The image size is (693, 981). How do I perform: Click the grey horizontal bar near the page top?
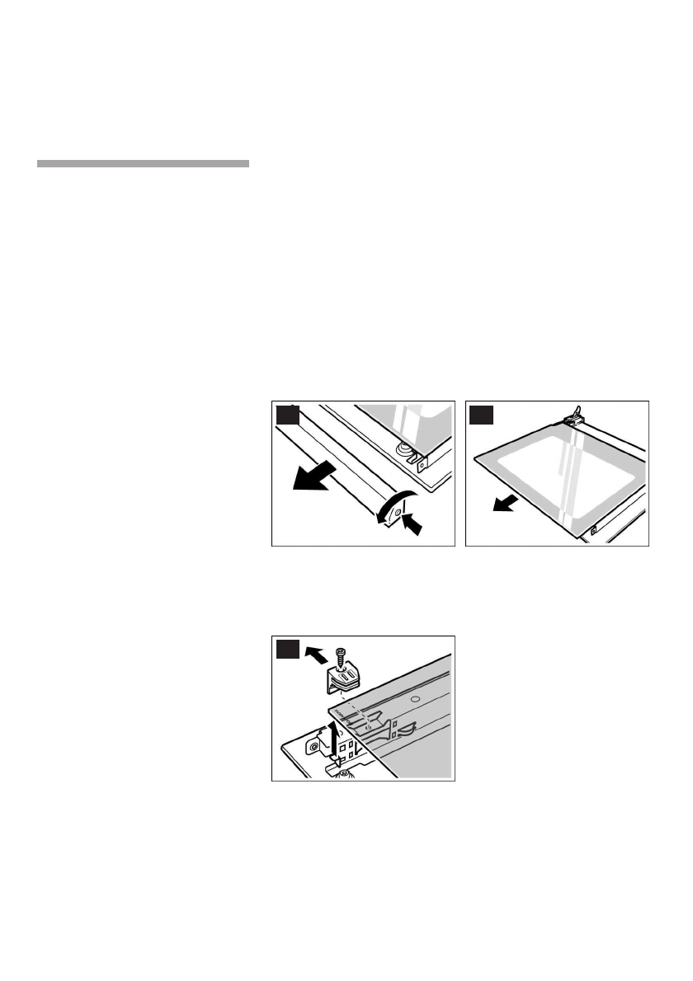click(x=143, y=164)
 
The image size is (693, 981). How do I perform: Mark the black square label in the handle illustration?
click(x=286, y=415)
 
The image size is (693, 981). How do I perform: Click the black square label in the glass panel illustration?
click(x=479, y=415)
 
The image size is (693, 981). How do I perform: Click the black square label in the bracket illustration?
click(x=286, y=649)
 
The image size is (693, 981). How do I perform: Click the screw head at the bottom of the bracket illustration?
click(x=344, y=772)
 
